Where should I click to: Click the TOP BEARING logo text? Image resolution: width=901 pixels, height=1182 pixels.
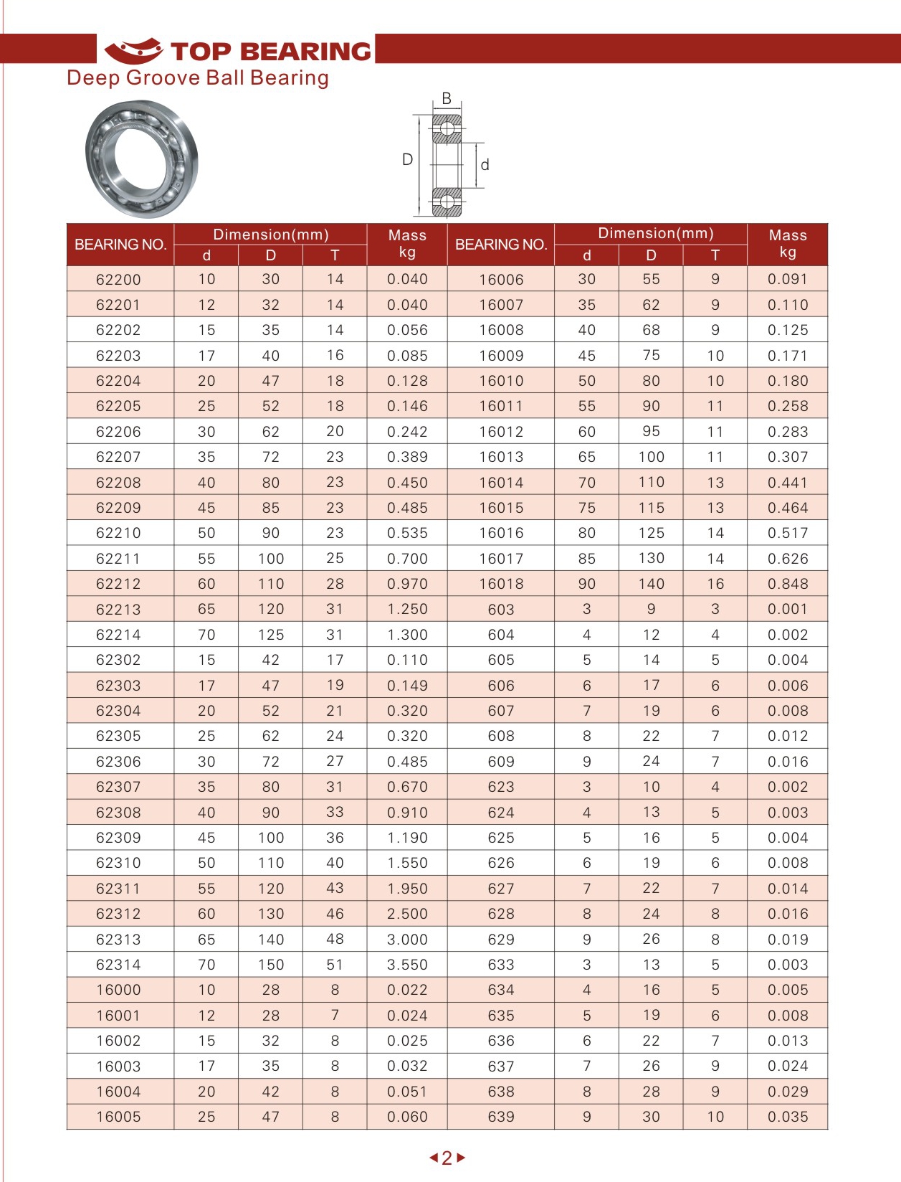click(271, 51)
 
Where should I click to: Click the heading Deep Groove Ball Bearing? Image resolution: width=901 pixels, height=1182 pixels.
click(198, 77)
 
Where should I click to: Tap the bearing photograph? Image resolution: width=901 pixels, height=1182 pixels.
click(141, 159)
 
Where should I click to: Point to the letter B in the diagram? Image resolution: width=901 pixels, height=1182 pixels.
click(447, 98)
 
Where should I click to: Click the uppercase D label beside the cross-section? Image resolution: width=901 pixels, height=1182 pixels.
click(407, 159)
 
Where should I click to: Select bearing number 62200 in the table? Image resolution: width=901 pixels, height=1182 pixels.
click(118, 280)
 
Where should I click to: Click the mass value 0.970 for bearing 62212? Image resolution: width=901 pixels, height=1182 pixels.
click(407, 584)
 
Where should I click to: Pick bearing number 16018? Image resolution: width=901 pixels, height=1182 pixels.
click(501, 584)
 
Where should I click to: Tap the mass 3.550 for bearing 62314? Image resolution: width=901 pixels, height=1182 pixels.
click(407, 965)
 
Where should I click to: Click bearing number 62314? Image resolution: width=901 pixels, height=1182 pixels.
click(118, 965)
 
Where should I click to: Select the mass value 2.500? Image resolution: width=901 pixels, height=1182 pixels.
click(407, 914)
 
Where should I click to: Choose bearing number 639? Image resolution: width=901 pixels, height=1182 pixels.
click(501, 1117)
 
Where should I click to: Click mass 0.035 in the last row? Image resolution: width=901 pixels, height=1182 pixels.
click(787, 1117)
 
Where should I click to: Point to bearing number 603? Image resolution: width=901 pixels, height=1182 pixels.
click(501, 610)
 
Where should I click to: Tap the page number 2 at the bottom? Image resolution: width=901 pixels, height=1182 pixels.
click(447, 1158)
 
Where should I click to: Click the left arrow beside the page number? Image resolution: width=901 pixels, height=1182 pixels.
click(433, 1158)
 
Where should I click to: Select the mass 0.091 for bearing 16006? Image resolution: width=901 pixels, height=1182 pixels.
click(787, 279)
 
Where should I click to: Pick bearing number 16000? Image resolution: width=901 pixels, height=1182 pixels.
click(118, 990)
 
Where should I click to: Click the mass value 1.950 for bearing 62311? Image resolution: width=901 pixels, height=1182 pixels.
click(407, 889)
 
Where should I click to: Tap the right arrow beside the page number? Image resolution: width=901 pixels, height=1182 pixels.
click(461, 1158)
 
